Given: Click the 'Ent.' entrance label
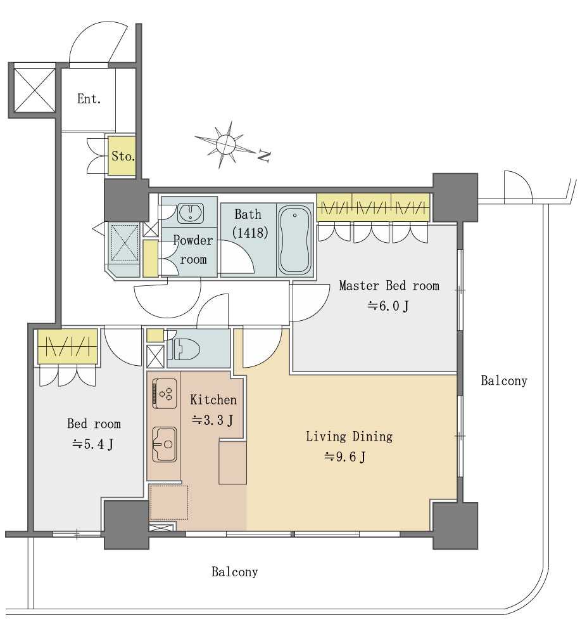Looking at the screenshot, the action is click(x=89, y=99).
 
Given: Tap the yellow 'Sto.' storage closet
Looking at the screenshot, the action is click(x=122, y=156).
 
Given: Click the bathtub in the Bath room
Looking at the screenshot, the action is click(x=295, y=240).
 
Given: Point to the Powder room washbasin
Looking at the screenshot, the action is click(x=191, y=212).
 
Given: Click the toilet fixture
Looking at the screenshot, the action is click(x=184, y=349).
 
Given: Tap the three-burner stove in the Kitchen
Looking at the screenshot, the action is click(x=165, y=394).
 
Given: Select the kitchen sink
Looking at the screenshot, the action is click(x=165, y=444).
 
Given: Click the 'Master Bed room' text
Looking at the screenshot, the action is click(x=389, y=285).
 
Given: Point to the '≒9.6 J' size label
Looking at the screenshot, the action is click(x=345, y=457).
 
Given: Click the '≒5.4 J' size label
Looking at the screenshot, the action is click(x=93, y=444).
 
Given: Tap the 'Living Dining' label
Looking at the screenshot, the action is click(x=349, y=436).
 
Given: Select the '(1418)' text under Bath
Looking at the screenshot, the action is click(x=250, y=232).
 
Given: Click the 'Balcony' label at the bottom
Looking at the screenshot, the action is click(x=235, y=571).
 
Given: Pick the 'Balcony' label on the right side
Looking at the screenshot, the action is click(x=504, y=380).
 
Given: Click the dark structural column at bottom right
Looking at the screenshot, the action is click(x=455, y=525).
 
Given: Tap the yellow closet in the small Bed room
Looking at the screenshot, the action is click(x=68, y=346).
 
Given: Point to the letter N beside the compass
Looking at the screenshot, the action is click(x=264, y=156).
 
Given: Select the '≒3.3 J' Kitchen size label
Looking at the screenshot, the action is click(x=213, y=420).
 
